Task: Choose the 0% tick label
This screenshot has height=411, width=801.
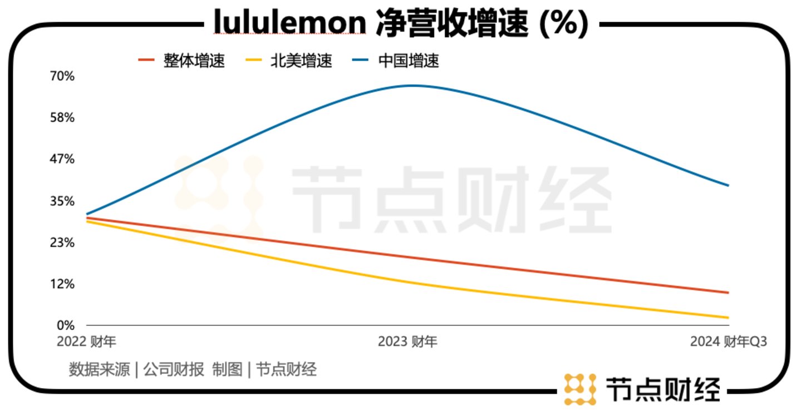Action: [66, 325]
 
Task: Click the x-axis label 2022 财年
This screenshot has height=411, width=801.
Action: [86, 341]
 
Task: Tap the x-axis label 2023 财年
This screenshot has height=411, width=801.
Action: [407, 341]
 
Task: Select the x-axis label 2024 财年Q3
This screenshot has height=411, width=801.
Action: [728, 341]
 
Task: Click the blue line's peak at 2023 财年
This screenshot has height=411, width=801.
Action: [411, 86]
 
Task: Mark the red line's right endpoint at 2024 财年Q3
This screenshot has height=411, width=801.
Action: [728, 293]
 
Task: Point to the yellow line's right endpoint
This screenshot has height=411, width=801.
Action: [728, 318]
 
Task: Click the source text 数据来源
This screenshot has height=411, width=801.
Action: [99, 369]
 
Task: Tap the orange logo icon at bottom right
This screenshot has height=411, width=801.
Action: [579, 389]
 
